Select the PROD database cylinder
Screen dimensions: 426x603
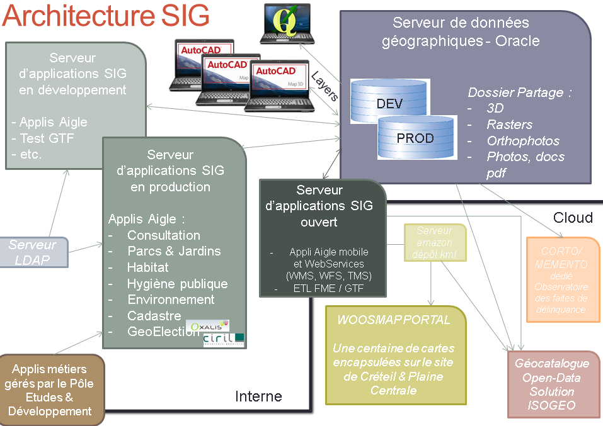[x=415, y=137]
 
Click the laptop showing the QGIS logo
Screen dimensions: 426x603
[x=287, y=23]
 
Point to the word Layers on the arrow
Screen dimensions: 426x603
[x=325, y=86]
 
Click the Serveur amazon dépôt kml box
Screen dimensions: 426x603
[x=435, y=242]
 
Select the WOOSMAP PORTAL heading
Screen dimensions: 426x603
[x=394, y=320]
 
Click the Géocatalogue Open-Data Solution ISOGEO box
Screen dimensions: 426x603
[x=552, y=384]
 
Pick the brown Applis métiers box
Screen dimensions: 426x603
[x=50, y=390]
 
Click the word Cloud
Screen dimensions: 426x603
[x=573, y=218]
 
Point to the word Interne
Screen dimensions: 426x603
[x=258, y=396]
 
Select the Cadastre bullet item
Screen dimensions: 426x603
[x=154, y=316]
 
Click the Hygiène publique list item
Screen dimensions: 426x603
[x=177, y=284]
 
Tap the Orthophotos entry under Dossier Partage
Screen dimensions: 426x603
[x=523, y=141]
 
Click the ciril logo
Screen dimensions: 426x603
[x=224, y=340]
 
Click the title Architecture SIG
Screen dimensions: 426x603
[x=106, y=17]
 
